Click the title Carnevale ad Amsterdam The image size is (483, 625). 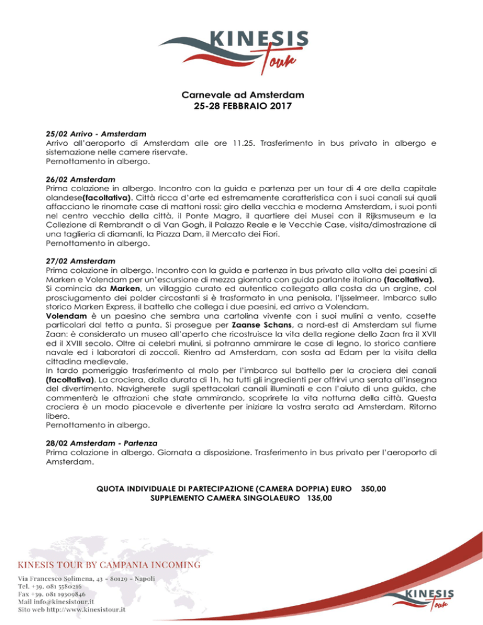point(241,95)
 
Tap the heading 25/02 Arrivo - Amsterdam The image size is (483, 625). point(96,134)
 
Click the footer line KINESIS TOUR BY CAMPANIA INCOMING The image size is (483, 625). point(113,563)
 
